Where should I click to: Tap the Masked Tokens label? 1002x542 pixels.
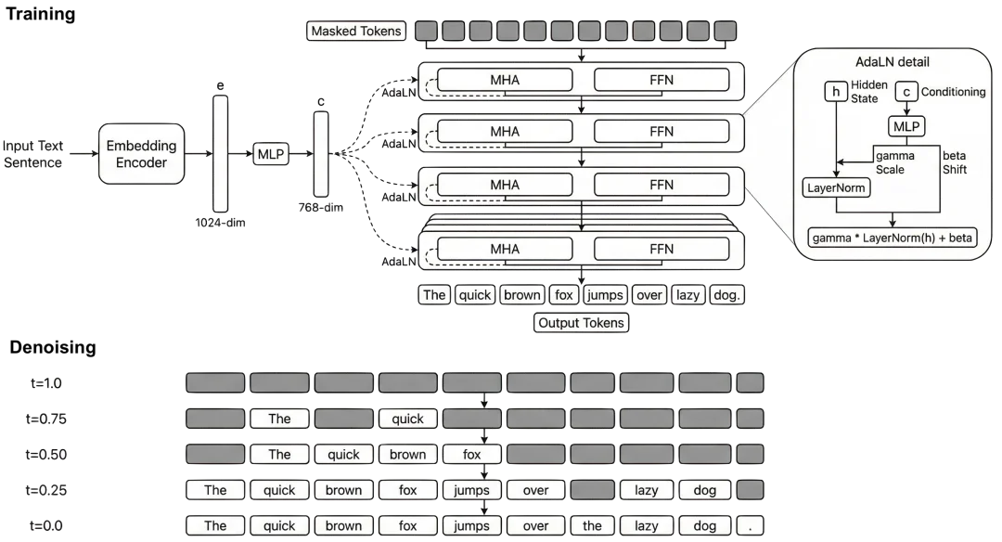click(x=356, y=32)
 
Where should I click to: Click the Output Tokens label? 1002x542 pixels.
click(x=582, y=323)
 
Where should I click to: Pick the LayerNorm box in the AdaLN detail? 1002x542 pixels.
click(x=834, y=188)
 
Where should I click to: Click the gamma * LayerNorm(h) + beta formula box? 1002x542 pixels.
click(x=893, y=239)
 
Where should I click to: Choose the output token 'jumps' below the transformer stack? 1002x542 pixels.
click(x=605, y=295)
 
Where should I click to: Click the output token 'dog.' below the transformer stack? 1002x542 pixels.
click(x=728, y=295)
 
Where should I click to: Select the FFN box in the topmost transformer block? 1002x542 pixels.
click(x=662, y=80)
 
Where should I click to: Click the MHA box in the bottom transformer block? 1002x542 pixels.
click(x=505, y=249)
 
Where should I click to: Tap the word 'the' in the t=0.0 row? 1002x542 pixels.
click(x=592, y=525)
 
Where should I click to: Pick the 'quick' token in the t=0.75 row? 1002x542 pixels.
click(x=408, y=419)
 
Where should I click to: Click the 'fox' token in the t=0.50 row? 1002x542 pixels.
click(x=472, y=455)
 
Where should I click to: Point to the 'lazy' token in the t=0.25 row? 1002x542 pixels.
click(x=647, y=490)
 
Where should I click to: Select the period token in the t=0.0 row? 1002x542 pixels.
click(x=750, y=525)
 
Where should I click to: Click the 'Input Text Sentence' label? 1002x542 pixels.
click(x=33, y=154)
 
